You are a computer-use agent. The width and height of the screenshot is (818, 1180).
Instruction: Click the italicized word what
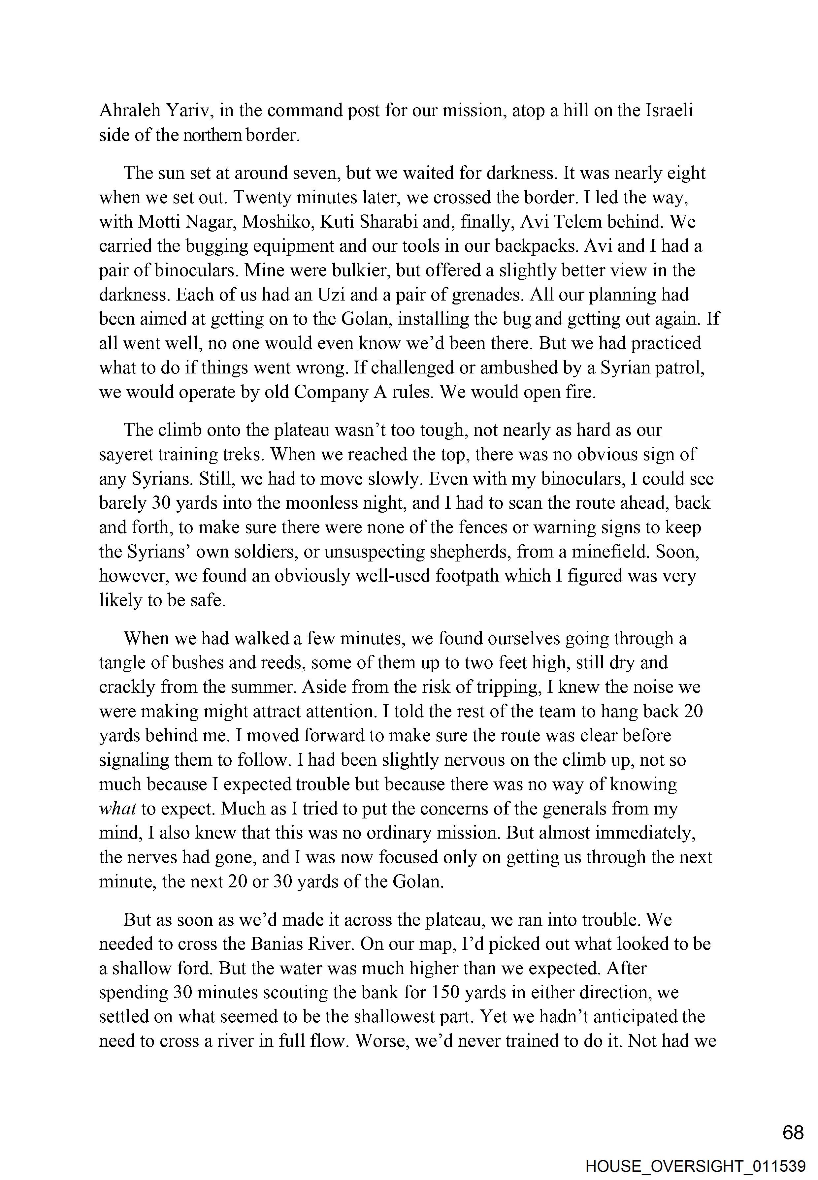click(117, 809)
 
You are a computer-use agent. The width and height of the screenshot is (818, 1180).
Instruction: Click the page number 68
click(793, 1133)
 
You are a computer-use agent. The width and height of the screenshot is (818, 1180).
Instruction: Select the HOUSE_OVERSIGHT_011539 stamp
click(696, 1167)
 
